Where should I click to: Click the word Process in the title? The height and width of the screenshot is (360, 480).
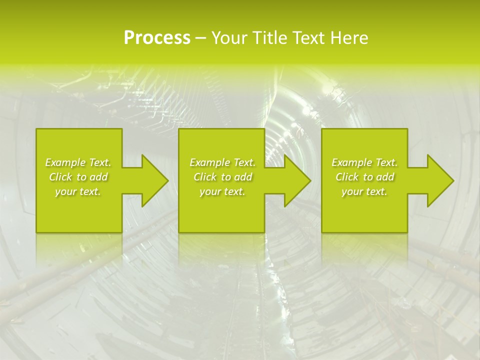pyautogui.click(x=157, y=38)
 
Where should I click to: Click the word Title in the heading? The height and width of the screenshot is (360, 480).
pyautogui.click(x=270, y=38)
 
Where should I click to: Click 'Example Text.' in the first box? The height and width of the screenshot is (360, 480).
pyautogui.click(x=78, y=162)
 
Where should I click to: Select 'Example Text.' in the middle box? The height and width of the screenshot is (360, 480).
pyautogui.click(x=222, y=162)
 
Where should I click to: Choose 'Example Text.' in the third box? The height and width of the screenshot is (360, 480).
pyautogui.click(x=364, y=162)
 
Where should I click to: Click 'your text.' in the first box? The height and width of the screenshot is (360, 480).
pyautogui.click(x=78, y=191)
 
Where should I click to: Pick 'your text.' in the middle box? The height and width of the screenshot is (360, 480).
pyautogui.click(x=222, y=191)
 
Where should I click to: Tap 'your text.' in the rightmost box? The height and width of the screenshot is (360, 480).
pyautogui.click(x=364, y=191)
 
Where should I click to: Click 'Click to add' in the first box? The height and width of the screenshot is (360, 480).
pyautogui.click(x=78, y=177)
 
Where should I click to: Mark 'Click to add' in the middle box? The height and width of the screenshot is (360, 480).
pyautogui.click(x=222, y=177)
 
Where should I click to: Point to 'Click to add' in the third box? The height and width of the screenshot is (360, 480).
pyautogui.click(x=364, y=177)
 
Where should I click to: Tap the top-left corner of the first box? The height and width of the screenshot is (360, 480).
pyautogui.click(x=37, y=129)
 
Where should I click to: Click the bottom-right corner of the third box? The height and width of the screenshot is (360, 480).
pyautogui.click(x=406, y=231)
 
